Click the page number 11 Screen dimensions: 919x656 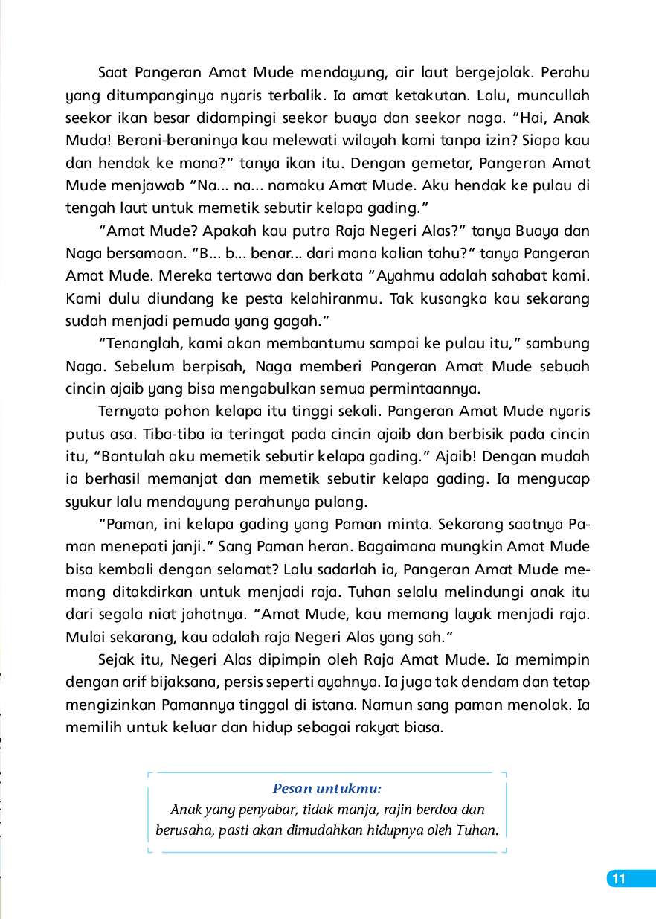618,879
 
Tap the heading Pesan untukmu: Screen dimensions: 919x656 327,788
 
